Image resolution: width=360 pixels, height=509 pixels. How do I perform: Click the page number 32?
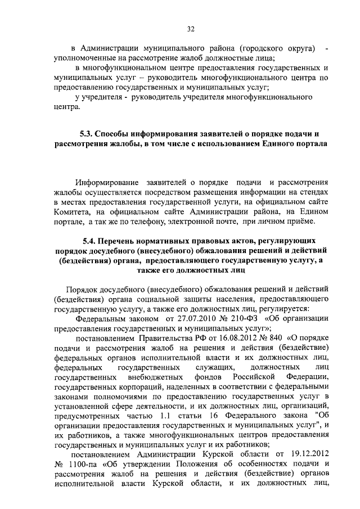(190, 30)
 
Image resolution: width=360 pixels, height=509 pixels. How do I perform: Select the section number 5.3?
(87, 134)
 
